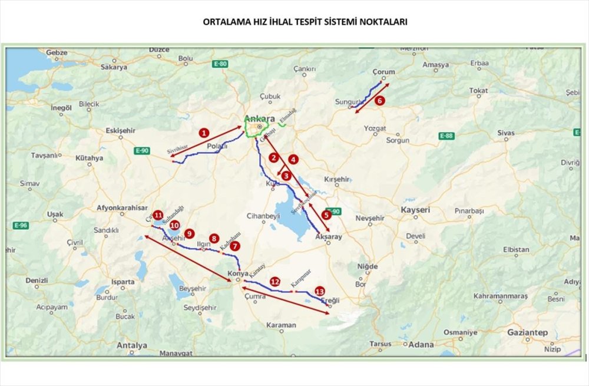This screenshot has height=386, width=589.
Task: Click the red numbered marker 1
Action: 203,133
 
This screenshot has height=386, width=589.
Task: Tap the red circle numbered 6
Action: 380,101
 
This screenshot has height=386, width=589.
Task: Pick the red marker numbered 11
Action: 158,215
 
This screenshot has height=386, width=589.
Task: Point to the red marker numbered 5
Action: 326,216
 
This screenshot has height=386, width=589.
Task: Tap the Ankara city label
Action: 259,118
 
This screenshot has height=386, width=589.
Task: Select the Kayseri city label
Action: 415,210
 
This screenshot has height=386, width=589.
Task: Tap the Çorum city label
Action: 384,72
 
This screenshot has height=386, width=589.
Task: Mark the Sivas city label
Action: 505,133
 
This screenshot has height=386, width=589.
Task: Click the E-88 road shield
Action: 446,136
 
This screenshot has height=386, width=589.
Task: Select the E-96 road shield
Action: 21,226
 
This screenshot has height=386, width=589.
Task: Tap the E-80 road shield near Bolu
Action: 221,64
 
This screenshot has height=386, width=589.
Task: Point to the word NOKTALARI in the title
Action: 381,22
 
